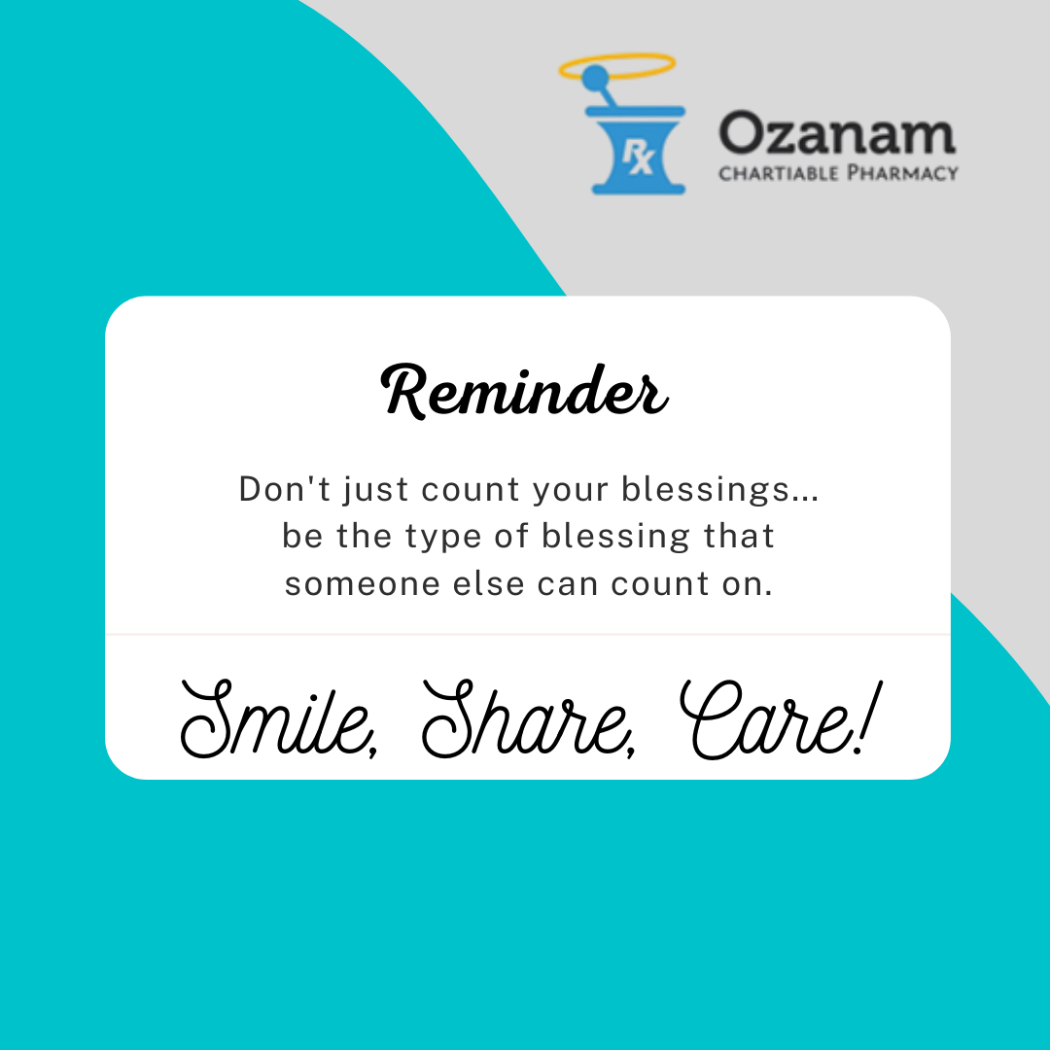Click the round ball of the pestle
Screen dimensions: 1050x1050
pyautogui.click(x=595, y=77)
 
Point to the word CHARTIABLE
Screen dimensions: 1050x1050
pyautogui.click(x=778, y=174)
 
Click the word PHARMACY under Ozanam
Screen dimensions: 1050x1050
pyautogui.click(x=902, y=173)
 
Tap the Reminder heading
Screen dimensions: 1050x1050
pyautogui.click(x=524, y=392)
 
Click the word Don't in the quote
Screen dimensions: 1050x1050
pyautogui.click(x=285, y=488)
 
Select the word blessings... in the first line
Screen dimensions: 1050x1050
pyautogui.click(x=719, y=489)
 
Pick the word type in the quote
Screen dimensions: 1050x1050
pyautogui.click(x=443, y=537)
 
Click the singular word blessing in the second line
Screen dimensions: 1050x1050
pyautogui.click(x=615, y=537)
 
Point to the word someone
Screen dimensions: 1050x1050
pyautogui.click(x=363, y=584)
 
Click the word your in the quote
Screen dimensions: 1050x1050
pyautogui.click(x=571, y=491)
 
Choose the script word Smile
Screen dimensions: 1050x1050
pyautogui.click(x=279, y=719)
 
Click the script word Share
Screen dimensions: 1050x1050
pyautogui.click(x=529, y=719)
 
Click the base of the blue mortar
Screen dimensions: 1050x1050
pyautogui.click(x=638, y=189)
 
